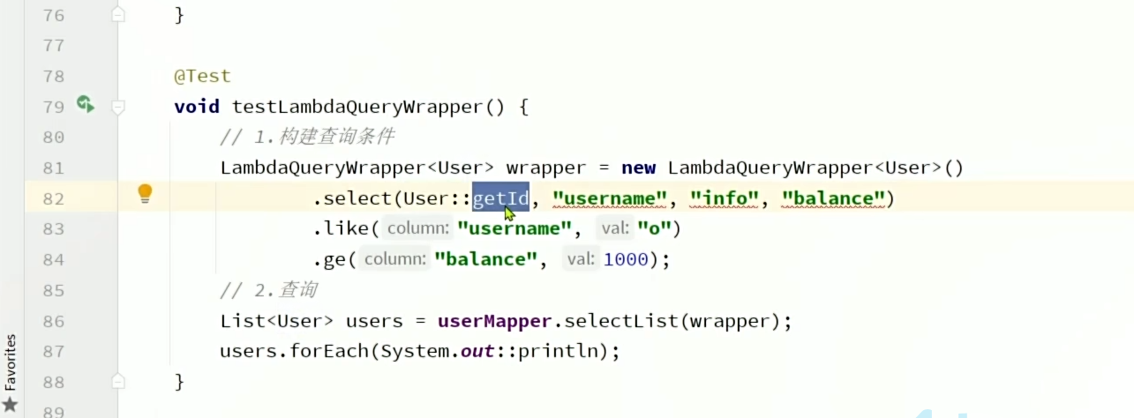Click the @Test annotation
(202, 77)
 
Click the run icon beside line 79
(85, 105)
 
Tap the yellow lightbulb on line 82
(146, 194)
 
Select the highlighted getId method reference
(500, 198)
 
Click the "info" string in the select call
(725, 198)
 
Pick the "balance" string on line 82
(833, 198)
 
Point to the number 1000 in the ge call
(626, 260)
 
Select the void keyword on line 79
(197, 108)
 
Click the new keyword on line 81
(638, 168)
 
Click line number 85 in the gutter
(53, 290)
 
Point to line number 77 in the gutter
(53, 46)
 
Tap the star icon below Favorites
(11, 405)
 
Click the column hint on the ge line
(394, 260)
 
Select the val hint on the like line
(614, 229)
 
